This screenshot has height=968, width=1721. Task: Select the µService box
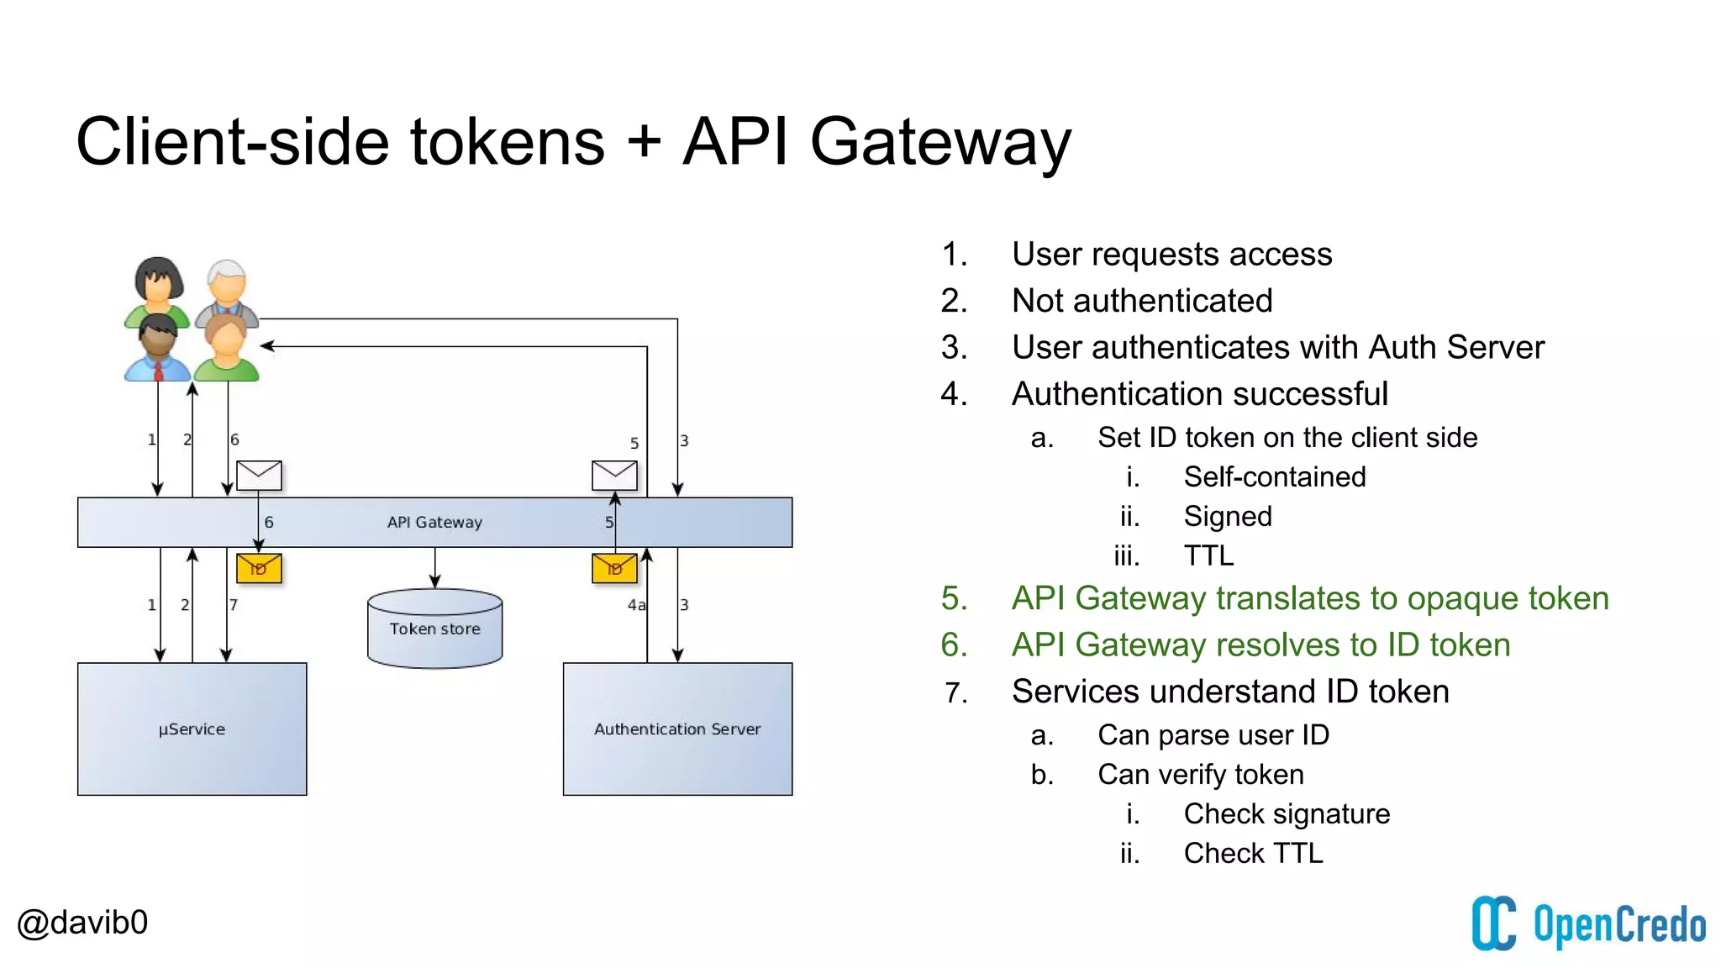tap(192, 729)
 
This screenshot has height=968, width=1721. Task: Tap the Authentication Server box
tap(677, 729)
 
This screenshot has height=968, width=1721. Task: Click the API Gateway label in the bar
tap(434, 522)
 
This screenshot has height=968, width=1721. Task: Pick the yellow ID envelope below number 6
tap(259, 568)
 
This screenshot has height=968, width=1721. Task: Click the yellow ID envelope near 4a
tap(614, 568)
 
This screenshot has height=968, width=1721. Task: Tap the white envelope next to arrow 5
tap(614, 475)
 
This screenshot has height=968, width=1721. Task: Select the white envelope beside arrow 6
tap(259, 475)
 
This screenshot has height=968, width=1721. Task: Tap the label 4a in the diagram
tap(636, 605)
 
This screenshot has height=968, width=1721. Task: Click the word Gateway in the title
tap(939, 141)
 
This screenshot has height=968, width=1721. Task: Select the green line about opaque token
tap(1309, 598)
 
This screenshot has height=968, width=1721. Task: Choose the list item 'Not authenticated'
tap(1141, 301)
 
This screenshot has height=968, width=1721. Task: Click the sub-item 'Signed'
tap(1227, 516)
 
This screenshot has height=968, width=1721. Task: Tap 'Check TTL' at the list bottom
tap(1253, 853)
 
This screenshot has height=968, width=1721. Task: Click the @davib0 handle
tap(82, 922)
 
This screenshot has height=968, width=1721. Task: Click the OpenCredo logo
tap(1587, 923)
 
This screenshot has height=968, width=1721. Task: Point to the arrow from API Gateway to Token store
tap(434, 568)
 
